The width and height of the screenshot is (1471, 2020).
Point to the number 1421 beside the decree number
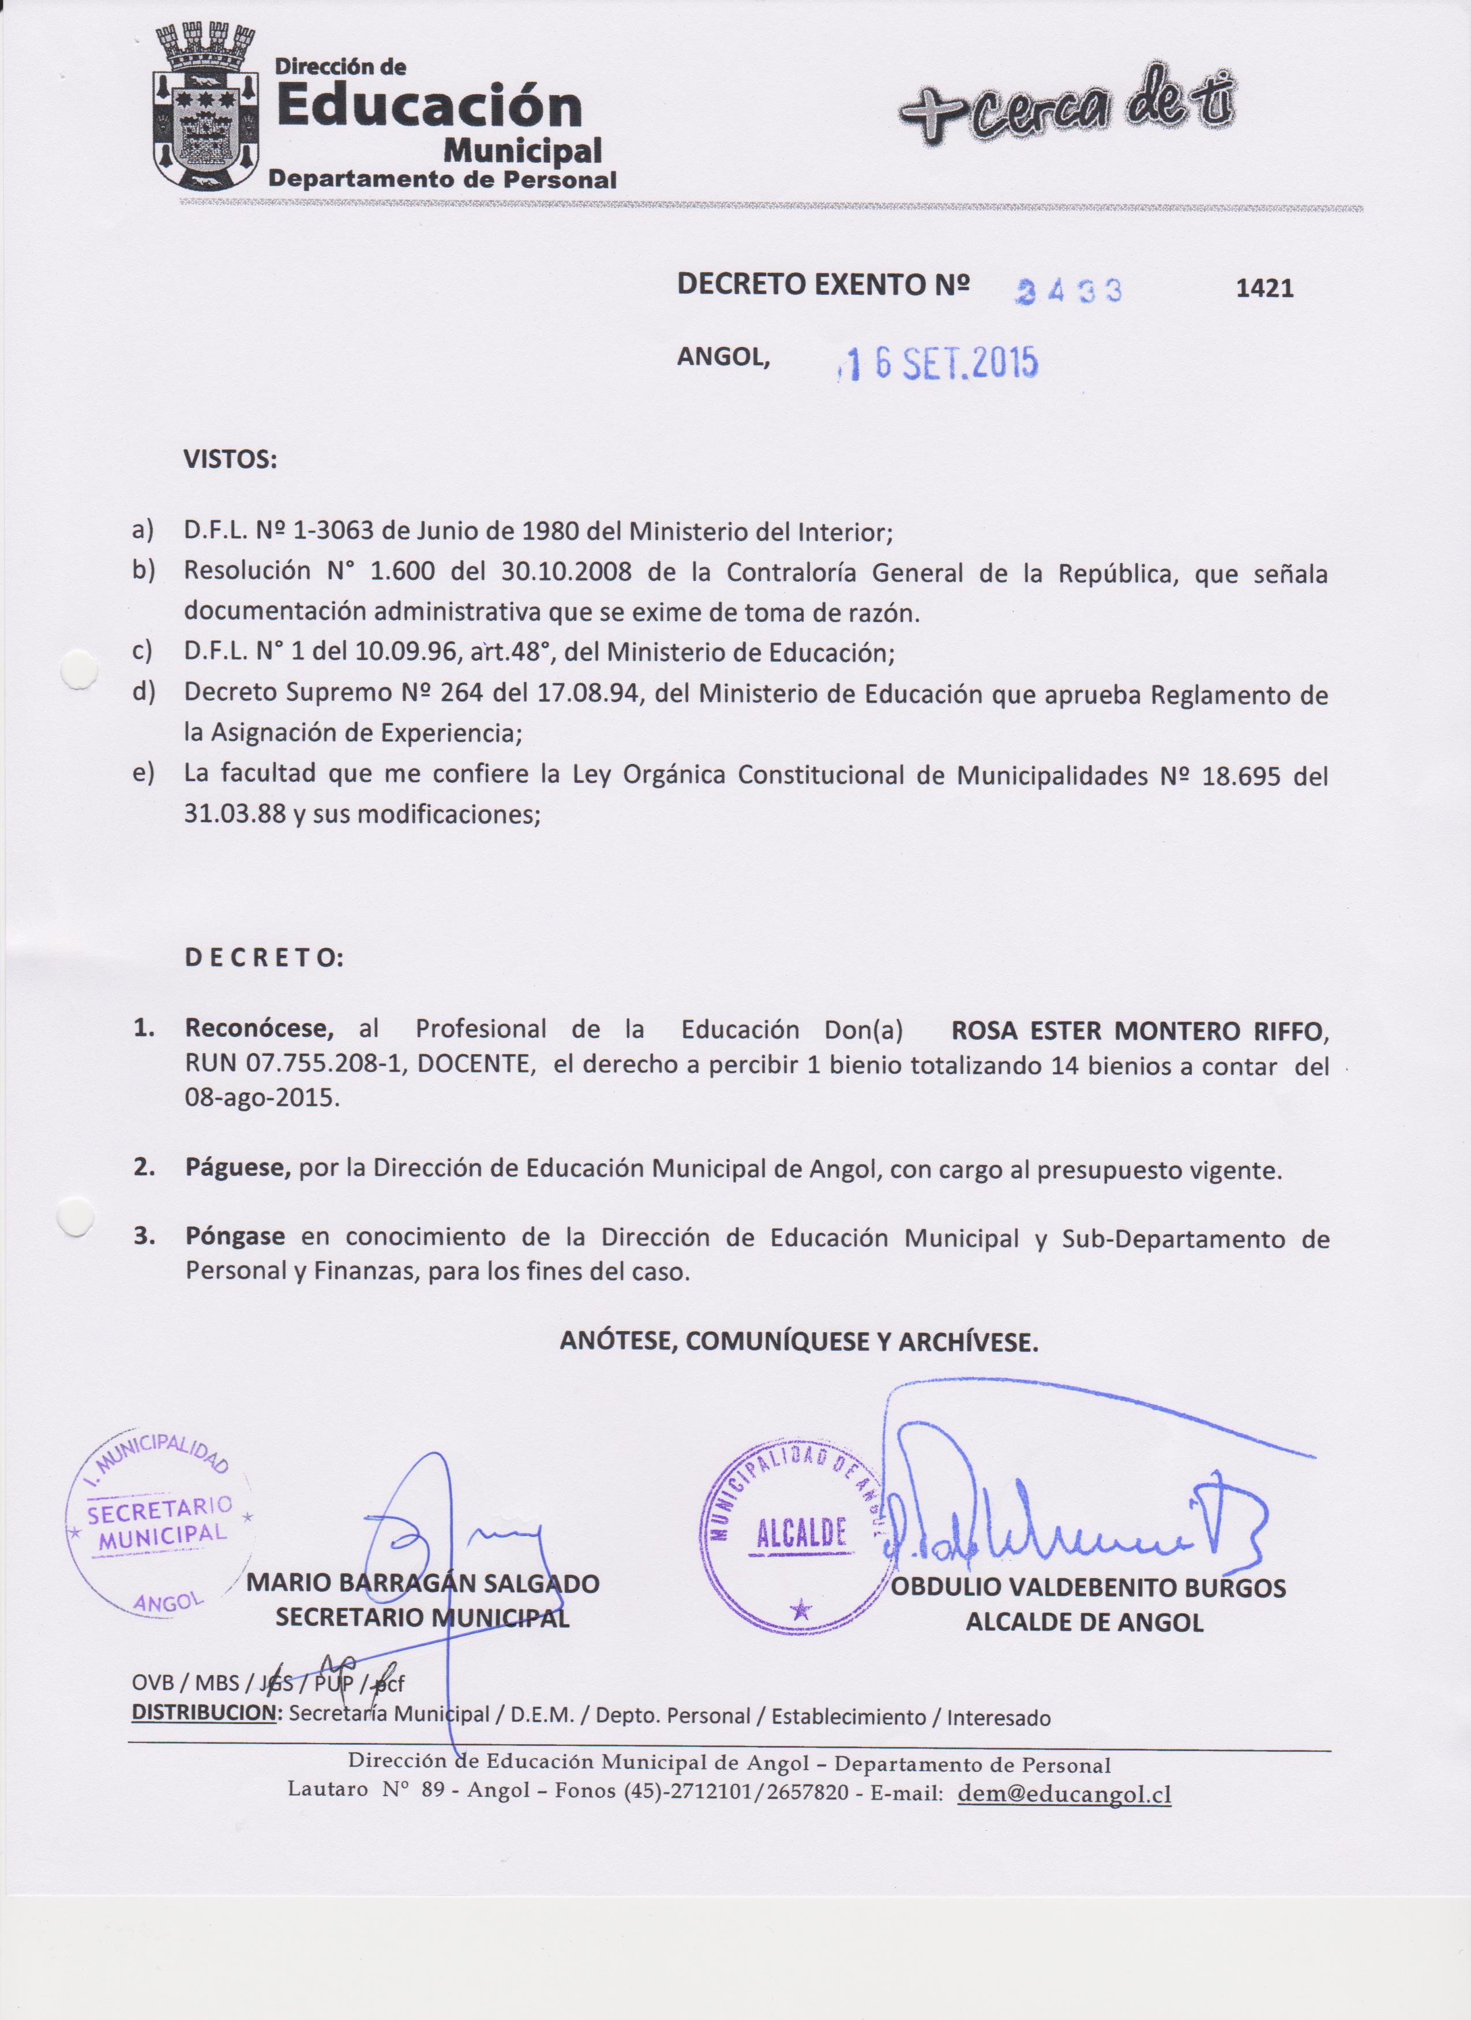coord(1264,288)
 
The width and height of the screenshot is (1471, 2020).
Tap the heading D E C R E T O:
coord(264,958)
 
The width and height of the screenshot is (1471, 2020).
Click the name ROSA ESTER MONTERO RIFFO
coord(1139,1032)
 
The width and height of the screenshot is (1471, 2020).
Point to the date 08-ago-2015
coord(262,1097)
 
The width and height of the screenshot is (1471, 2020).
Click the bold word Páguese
coord(238,1168)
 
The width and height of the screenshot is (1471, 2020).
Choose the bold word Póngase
coord(235,1237)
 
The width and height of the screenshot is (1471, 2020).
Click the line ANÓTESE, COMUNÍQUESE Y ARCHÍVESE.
coord(799,1342)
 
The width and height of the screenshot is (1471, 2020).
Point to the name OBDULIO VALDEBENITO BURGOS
coord(1088,1588)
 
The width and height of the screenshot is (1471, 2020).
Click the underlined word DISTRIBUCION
coord(204,1712)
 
